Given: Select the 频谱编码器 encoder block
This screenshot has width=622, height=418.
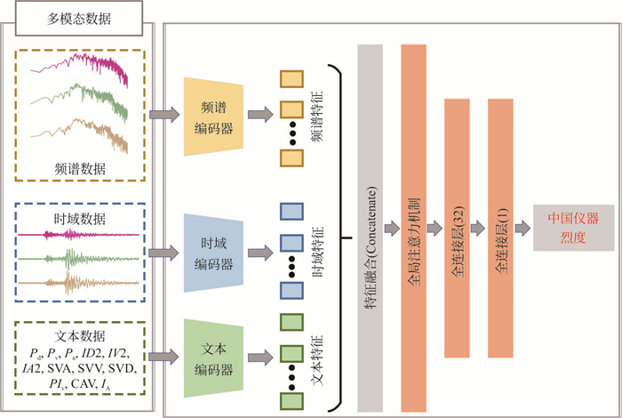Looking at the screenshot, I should pos(216,116).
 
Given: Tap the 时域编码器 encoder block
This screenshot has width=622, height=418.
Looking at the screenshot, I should pos(216,253).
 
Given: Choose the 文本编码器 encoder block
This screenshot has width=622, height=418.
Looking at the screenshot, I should pos(216,358).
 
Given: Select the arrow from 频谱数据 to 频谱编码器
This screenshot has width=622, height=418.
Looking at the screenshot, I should pos(163,115).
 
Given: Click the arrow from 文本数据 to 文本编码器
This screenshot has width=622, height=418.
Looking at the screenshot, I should pos(163,358).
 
